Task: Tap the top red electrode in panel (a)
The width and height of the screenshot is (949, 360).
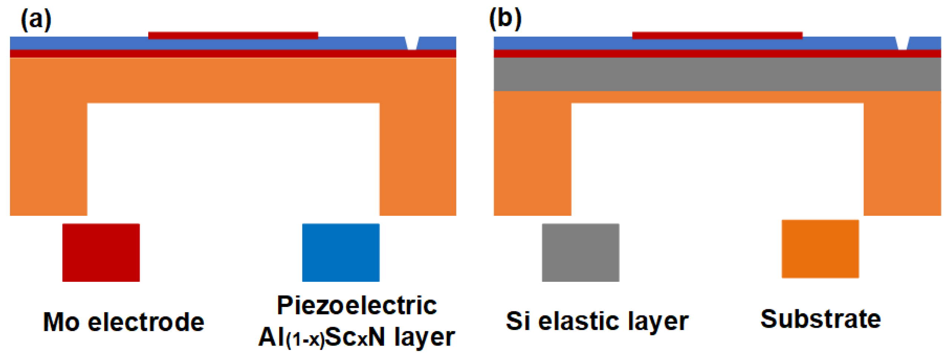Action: [x=233, y=36]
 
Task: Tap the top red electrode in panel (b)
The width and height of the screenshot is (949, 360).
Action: [x=717, y=36]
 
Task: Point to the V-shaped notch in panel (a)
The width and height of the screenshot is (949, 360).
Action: [x=412, y=44]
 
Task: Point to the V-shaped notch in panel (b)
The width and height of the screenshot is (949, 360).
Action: [x=902, y=44]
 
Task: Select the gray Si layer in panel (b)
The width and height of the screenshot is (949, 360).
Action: [x=717, y=74]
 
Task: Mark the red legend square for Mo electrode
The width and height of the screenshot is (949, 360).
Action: [x=101, y=252]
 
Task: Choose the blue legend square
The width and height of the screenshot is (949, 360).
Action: [x=341, y=252]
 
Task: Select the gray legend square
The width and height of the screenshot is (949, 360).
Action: [x=581, y=252]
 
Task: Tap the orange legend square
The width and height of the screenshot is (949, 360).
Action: [x=820, y=249]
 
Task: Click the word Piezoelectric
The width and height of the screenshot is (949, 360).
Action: [x=357, y=306]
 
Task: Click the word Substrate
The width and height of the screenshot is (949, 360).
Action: [x=820, y=319]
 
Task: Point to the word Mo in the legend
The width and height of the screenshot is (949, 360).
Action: [x=61, y=322]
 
